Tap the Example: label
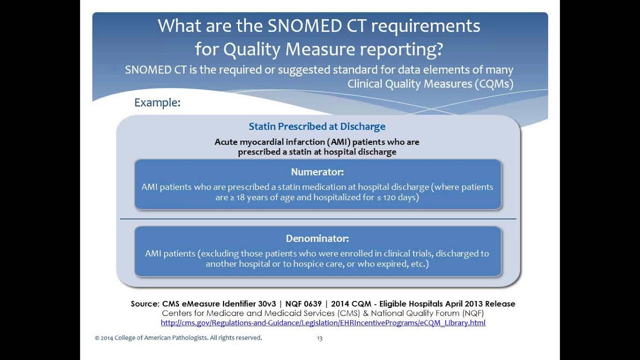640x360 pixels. pos(157,102)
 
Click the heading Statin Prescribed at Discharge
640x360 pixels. pos(317,126)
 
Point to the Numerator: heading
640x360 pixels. pos(317,172)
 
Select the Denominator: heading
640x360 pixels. pos(317,238)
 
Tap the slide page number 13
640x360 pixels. pos(319,338)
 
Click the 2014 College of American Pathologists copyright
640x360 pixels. pos(178,338)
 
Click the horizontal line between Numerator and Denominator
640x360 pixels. pos(318,219)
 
